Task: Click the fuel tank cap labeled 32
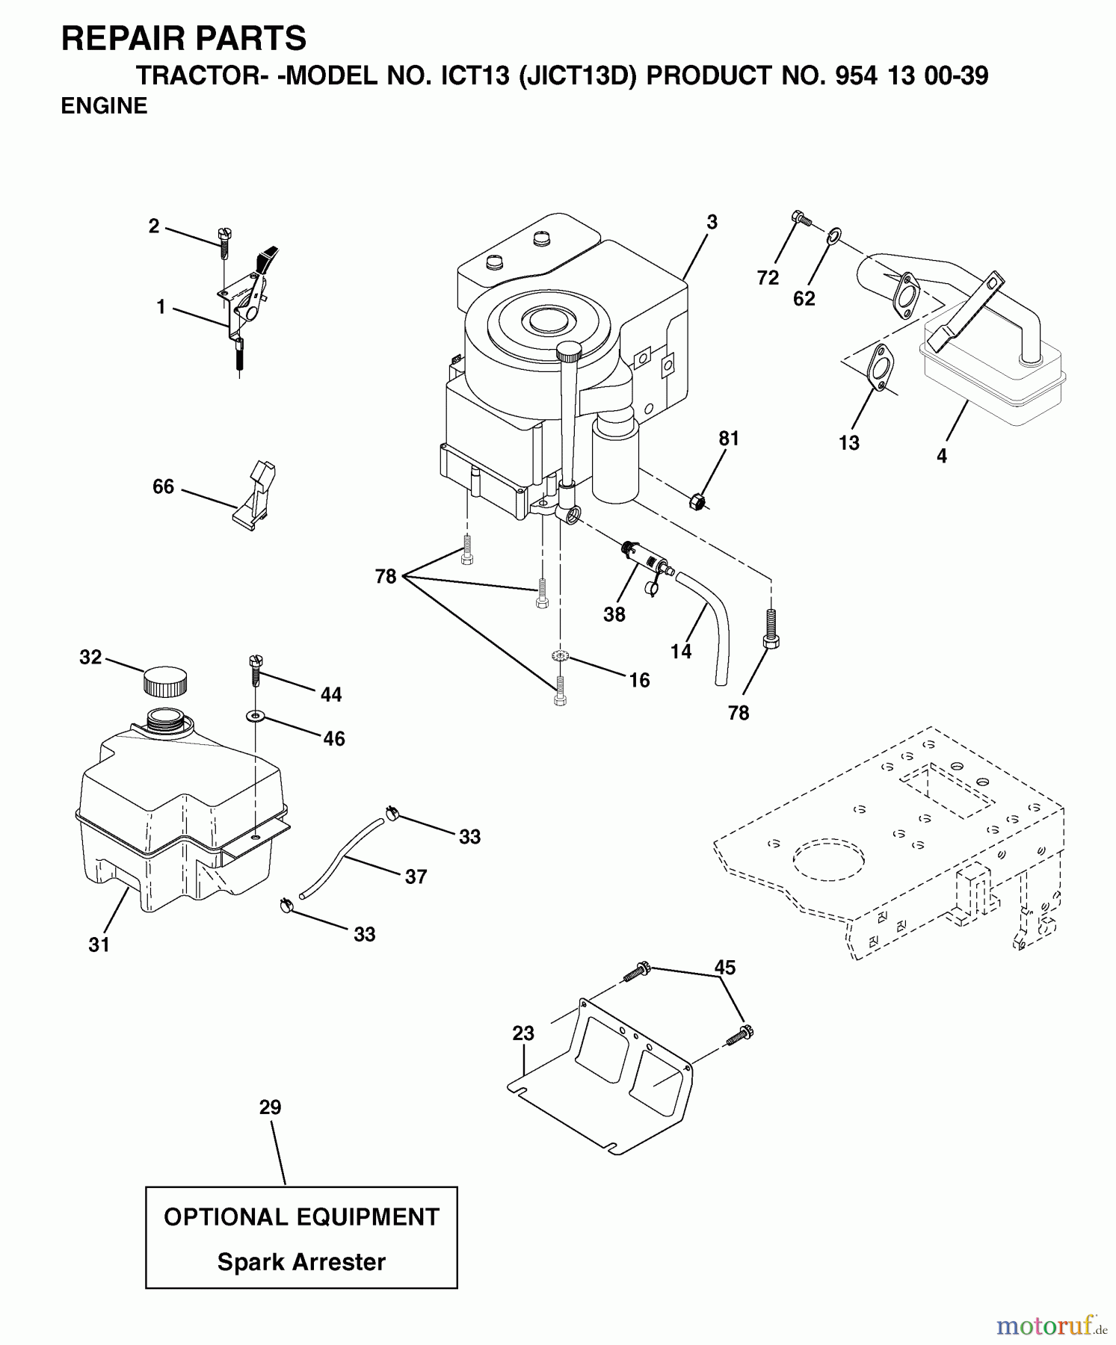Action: pos(165,681)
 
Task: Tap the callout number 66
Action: pos(163,487)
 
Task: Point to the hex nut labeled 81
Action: pos(697,501)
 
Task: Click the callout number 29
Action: pos(270,1107)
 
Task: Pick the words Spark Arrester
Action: pos(301,1262)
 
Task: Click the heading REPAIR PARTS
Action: pos(184,38)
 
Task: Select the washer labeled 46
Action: pos(256,716)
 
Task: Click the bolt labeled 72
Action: pos(801,219)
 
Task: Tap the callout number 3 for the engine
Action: pos(712,222)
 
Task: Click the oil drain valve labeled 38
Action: pos(642,562)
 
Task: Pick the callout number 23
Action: pos(523,1033)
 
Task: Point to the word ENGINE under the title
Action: pos(104,107)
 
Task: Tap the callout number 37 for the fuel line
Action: pos(416,876)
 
